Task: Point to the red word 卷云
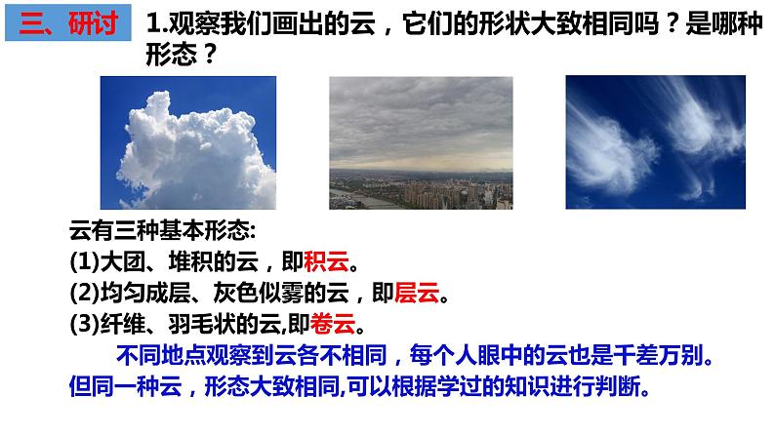click(340, 321)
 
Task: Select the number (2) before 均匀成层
click(85, 292)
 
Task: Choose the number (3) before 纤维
click(85, 321)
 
